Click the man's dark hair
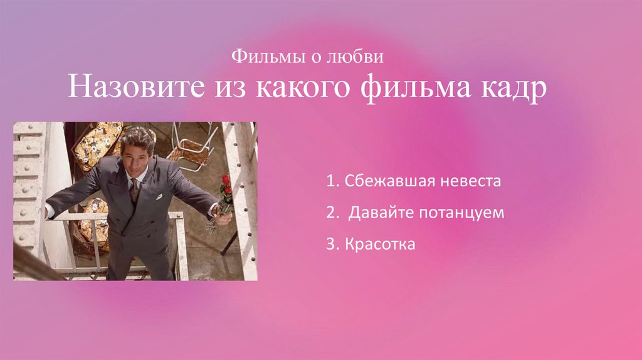[x=138, y=135]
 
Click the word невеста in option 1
[x=473, y=182]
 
